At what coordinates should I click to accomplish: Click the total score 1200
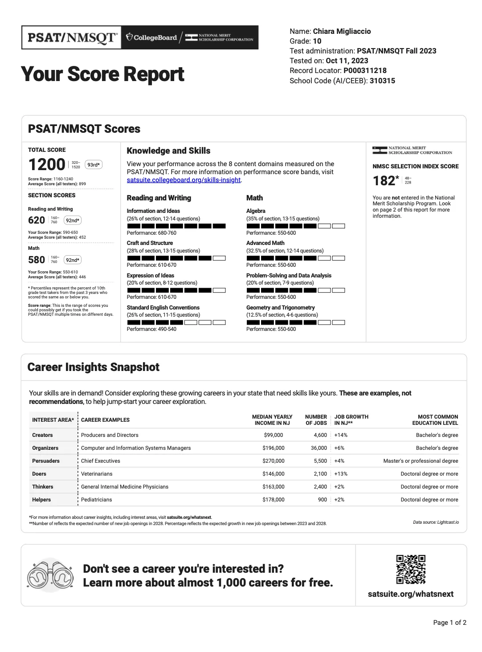coord(47,164)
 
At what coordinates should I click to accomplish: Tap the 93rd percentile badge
coord(94,165)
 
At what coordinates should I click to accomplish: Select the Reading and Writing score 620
coord(37,220)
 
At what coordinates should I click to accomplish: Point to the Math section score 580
coord(37,260)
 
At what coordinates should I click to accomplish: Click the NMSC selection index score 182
coord(384,180)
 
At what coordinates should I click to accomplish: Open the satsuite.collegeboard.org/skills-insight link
coord(184,180)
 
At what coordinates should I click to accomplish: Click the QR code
coord(411,569)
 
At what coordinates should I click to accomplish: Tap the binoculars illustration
coord(50,575)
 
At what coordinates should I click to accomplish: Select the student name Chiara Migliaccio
coord(342,31)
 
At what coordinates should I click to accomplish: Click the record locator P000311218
coord(365,70)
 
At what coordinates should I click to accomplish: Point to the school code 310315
coord(382,81)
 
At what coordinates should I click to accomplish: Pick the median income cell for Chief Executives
coord(273,461)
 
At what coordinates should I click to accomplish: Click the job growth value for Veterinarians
coord(341,474)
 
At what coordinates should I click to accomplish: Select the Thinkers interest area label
coord(42,487)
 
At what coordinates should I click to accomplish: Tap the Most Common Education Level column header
coord(435,420)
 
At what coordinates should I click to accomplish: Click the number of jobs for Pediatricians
coord(322,500)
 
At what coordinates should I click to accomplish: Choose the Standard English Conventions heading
coord(163,307)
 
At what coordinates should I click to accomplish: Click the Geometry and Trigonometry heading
coord(280,307)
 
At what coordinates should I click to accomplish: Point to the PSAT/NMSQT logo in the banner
coord(73,37)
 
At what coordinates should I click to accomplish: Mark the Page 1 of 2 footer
coord(449,623)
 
